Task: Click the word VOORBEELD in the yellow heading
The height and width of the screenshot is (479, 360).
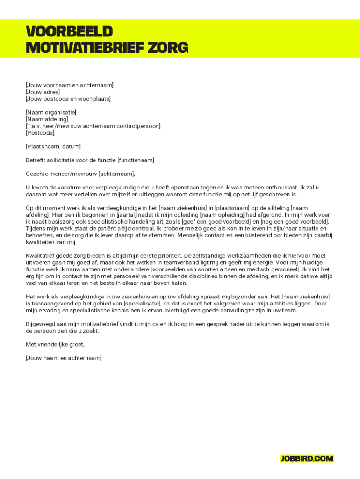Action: pos(69,31)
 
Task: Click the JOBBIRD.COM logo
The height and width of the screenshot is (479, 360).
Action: pos(307,458)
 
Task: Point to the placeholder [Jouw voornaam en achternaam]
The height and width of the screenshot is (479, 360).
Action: pos(70,85)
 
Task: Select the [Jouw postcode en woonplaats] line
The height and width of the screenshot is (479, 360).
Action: pos(68,99)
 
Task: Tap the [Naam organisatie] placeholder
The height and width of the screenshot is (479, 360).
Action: pos(51,112)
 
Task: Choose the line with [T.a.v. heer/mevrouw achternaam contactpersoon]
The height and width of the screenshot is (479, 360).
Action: pos(93,126)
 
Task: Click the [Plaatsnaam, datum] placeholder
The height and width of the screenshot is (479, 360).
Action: pos(53,146)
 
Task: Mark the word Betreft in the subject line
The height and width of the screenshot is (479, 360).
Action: pos(36,160)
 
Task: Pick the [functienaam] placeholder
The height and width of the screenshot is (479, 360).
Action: pos(136,160)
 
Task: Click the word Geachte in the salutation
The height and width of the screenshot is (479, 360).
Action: pos(37,174)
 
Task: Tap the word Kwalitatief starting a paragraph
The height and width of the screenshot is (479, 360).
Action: pos(41,256)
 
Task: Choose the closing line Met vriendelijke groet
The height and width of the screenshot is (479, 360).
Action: pos(55,345)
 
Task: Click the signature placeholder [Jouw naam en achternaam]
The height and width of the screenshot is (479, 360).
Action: pos(64,358)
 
